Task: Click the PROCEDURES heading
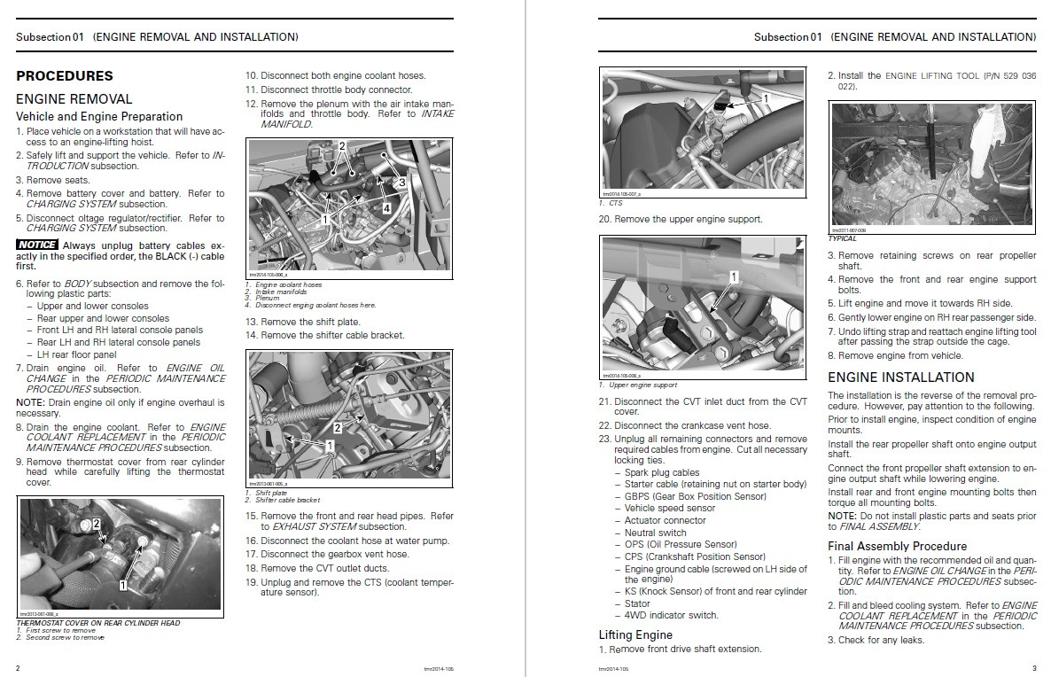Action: coord(65,76)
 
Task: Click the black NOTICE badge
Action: coord(37,244)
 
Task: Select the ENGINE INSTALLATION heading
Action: coord(900,377)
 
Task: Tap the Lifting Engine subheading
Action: coord(635,634)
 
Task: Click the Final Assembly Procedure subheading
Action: coord(897,546)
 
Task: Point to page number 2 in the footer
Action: coord(19,667)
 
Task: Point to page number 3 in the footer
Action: coord(1033,667)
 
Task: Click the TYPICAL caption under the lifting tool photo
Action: coord(842,238)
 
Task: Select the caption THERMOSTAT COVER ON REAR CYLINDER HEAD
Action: coord(98,623)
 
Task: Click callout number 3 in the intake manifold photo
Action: coord(401,182)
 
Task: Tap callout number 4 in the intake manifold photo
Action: coord(385,208)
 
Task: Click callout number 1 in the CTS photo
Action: coord(767,96)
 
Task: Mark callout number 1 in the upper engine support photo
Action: coord(734,277)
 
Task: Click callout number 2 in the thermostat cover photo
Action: coord(96,525)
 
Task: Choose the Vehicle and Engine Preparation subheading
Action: coord(99,116)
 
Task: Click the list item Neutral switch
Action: coord(655,533)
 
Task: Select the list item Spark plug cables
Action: coord(662,472)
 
